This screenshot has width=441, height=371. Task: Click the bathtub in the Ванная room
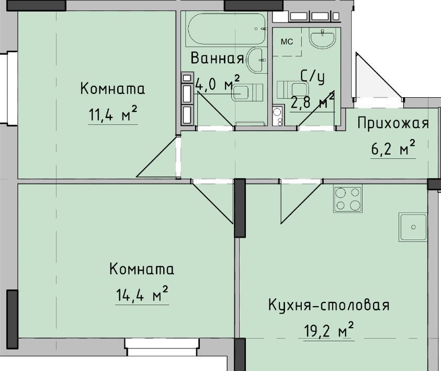pyautogui.click(x=226, y=29)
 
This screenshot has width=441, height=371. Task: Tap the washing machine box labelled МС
pyautogui.click(x=287, y=42)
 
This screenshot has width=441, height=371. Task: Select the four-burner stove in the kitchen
pyautogui.click(x=348, y=199)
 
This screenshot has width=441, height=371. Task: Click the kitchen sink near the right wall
pyautogui.click(x=413, y=227)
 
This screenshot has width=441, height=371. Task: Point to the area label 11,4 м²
pyautogui.click(x=113, y=114)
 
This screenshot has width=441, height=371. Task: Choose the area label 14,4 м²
pyautogui.click(x=142, y=294)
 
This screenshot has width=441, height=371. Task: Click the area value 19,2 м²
pyautogui.click(x=329, y=331)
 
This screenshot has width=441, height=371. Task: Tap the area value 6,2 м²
pyautogui.click(x=393, y=148)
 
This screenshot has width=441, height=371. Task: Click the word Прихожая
pyautogui.click(x=393, y=123)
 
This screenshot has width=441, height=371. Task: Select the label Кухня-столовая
pyautogui.click(x=329, y=305)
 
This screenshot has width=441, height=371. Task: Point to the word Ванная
pyautogui.click(x=217, y=58)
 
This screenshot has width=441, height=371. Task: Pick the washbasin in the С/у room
pyautogui.click(x=322, y=38)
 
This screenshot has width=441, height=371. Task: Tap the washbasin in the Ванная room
pyautogui.click(x=256, y=60)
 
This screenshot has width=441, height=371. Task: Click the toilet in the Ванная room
pyautogui.click(x=247, y=92)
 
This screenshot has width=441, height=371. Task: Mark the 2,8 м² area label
pyautogui.click(x=312, y=102)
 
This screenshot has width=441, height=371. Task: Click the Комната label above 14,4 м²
pyautogui.click(x=142, y=269)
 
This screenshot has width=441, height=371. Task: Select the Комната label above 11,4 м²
pyautogui.click(x=112, y=89)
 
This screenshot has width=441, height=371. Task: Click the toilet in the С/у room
pyautogui.click(x=293, y=89)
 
